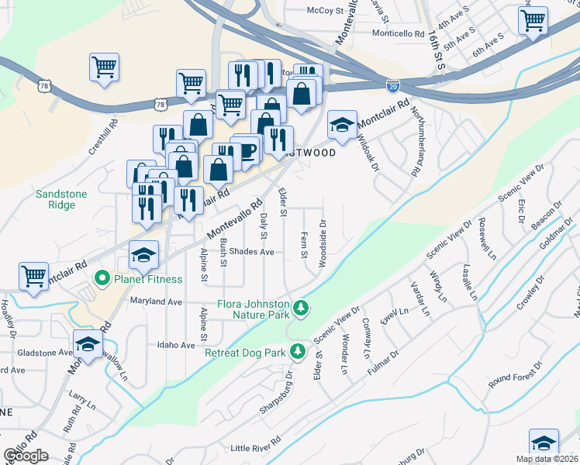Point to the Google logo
(26, 456)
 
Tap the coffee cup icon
(248, 151)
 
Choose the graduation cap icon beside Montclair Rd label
(341, 124)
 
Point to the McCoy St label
(325, 10)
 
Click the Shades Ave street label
(252, 252)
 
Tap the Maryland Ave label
(155, 301)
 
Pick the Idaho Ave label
(175, 345)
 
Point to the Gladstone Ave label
(44, 352)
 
